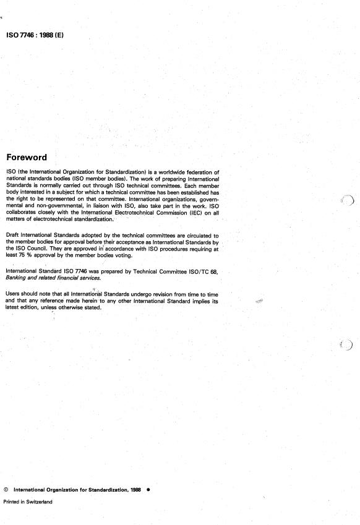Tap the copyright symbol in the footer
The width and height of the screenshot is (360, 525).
pyautogui.click(x=6, y=489)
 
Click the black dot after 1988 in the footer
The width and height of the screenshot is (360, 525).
pyautogui.click(x=148, y=489)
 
